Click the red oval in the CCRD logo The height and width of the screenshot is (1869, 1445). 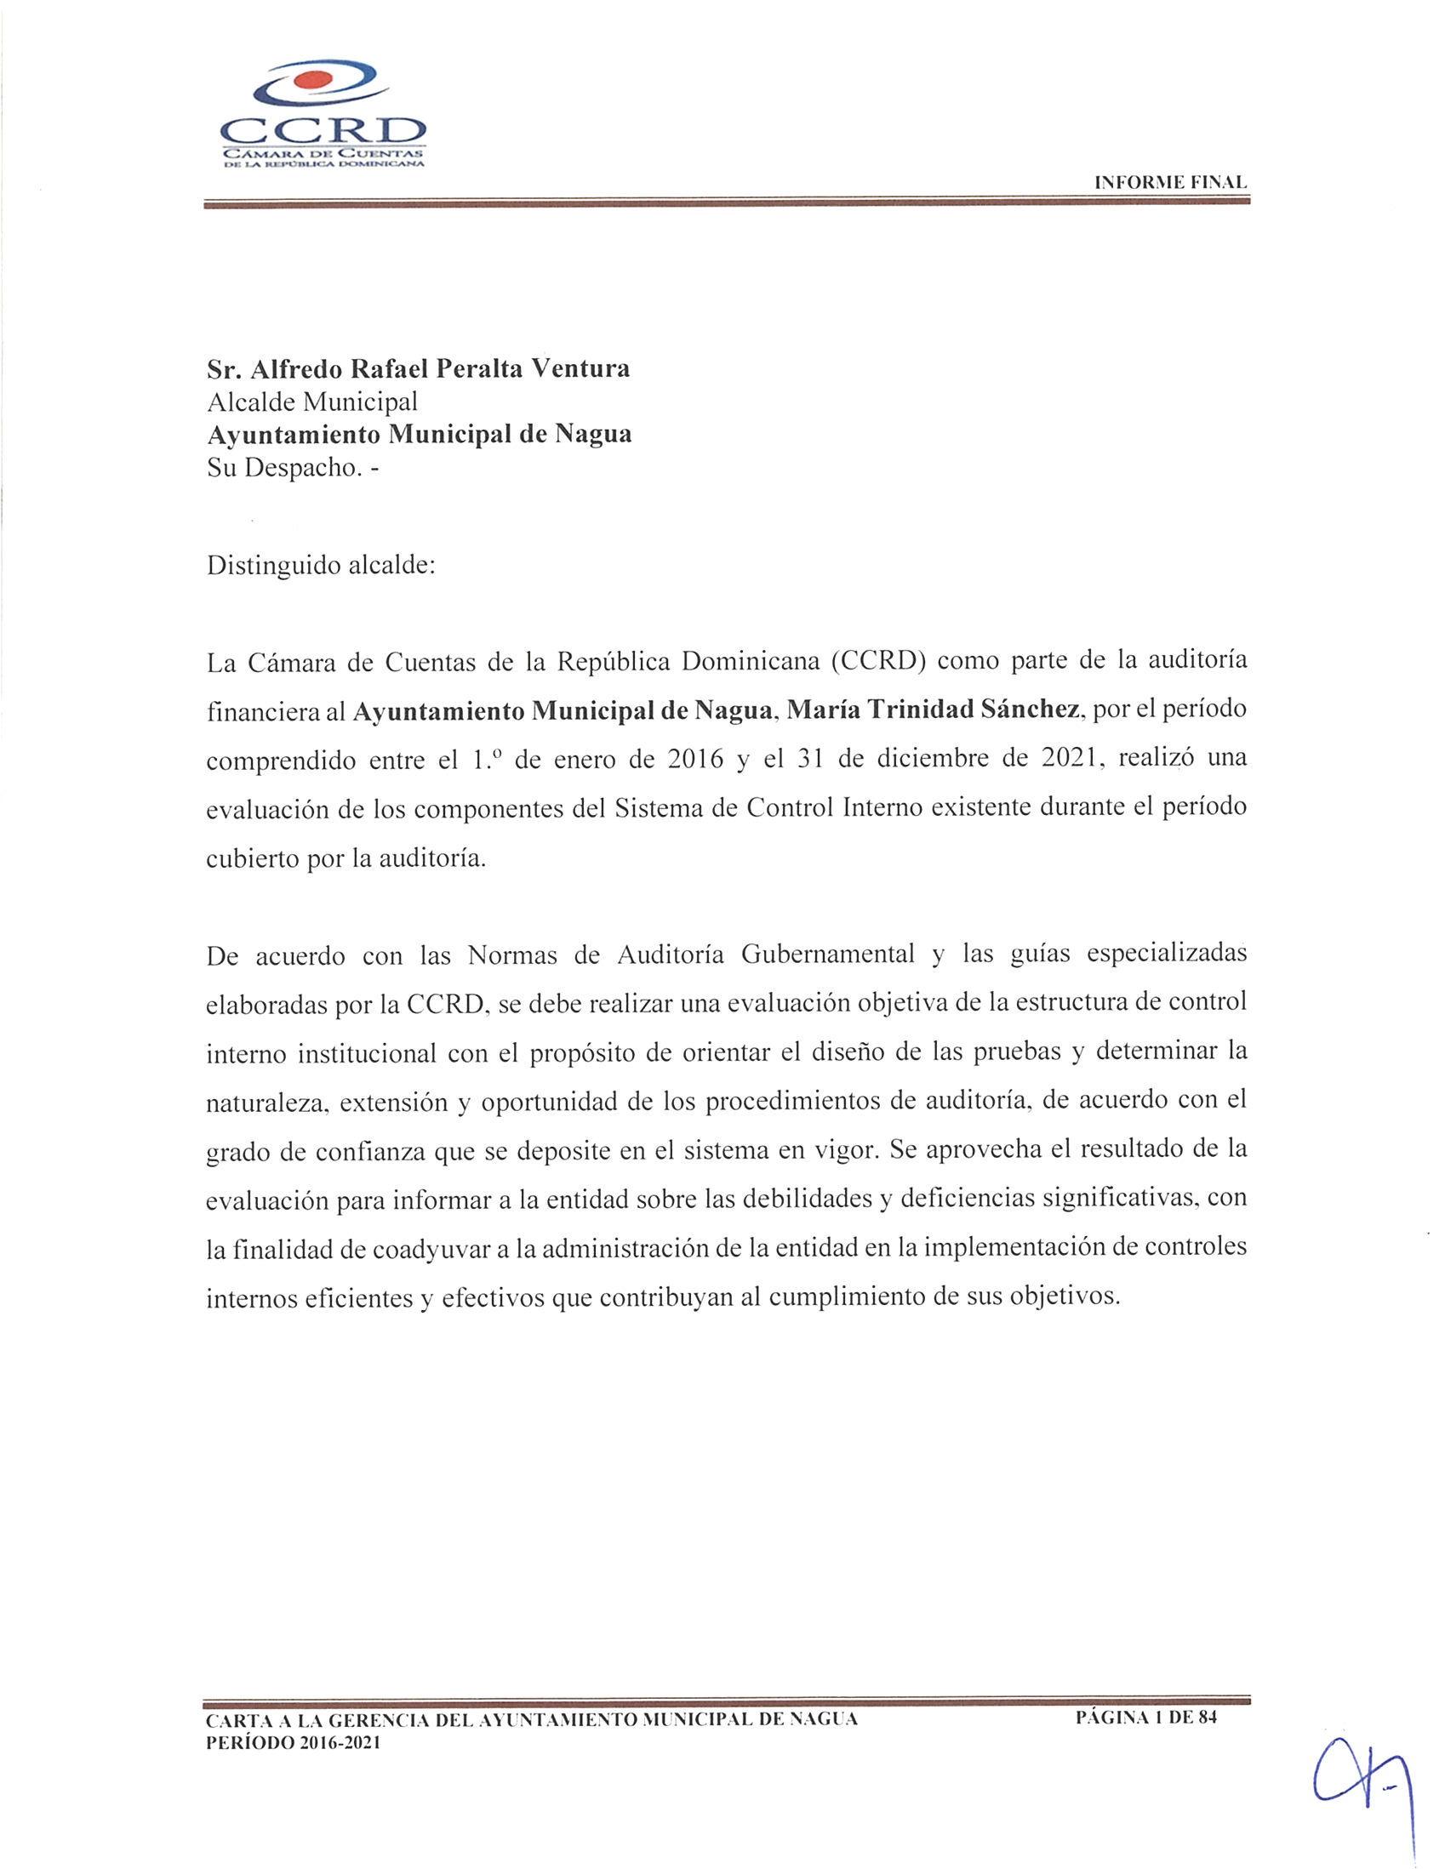(310, 83)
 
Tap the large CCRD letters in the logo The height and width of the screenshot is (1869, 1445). (323, 131)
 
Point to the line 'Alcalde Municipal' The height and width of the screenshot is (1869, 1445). (311, 401)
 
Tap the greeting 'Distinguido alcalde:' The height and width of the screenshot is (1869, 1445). (321, 566)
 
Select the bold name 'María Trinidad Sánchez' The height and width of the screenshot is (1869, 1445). (931, 711)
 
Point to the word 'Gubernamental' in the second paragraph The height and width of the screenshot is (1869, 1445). (828, 954)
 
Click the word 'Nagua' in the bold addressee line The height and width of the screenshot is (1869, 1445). (593, 434)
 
